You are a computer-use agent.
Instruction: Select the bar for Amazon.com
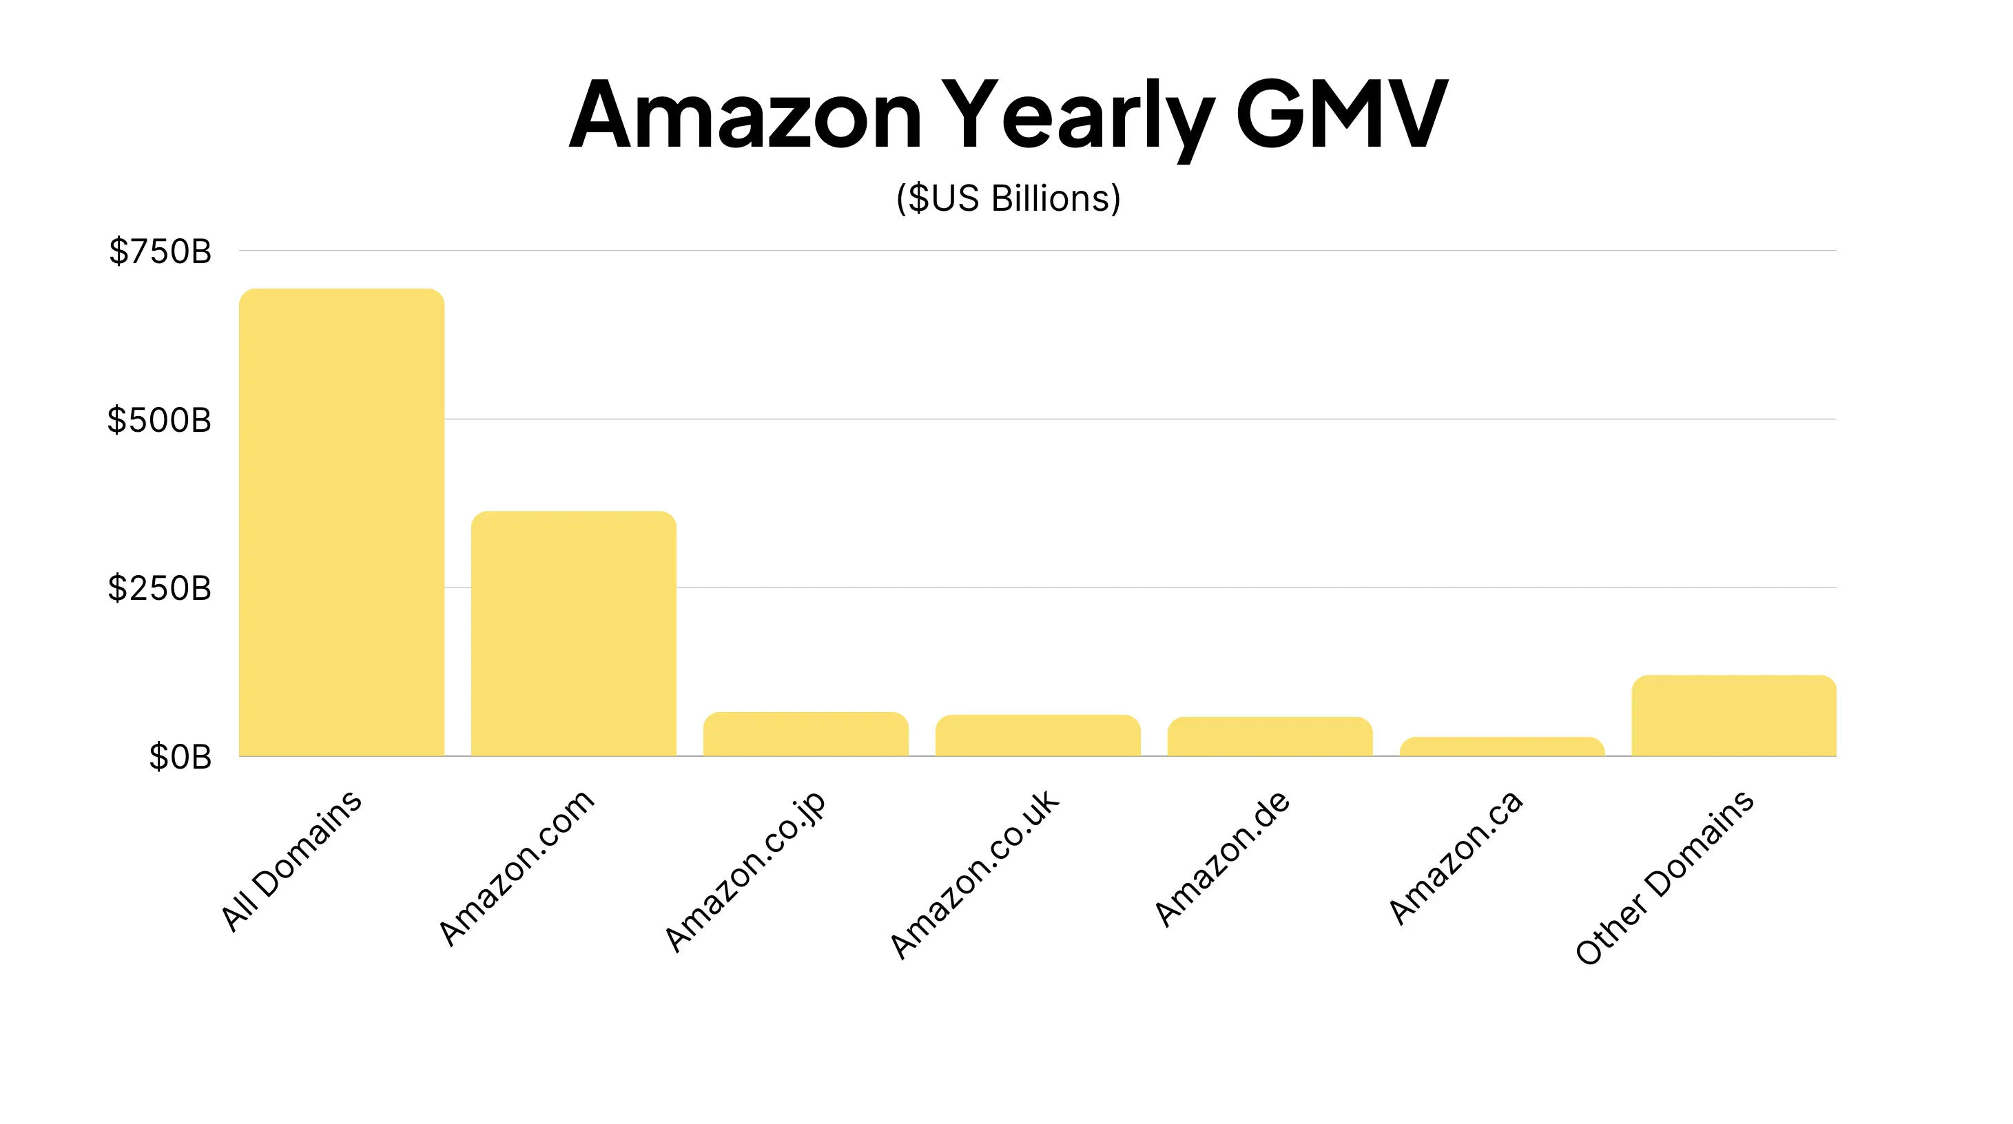tap(574, 634)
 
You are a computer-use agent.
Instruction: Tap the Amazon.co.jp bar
tap(805, 734)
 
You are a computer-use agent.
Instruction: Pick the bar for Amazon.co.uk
tap(1038, 736)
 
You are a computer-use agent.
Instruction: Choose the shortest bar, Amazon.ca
tap(1502, 747)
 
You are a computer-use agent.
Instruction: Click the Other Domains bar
tap(1734, 716)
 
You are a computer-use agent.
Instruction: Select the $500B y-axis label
tap(159, 420)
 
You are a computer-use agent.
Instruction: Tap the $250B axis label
tap(159, 588)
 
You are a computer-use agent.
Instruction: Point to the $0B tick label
tap(180, 757)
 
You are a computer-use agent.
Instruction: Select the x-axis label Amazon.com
tap(517, 867)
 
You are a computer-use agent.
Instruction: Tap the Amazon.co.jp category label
tap(745, 871)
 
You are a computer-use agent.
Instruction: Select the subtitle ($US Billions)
tap(1008, 198)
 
